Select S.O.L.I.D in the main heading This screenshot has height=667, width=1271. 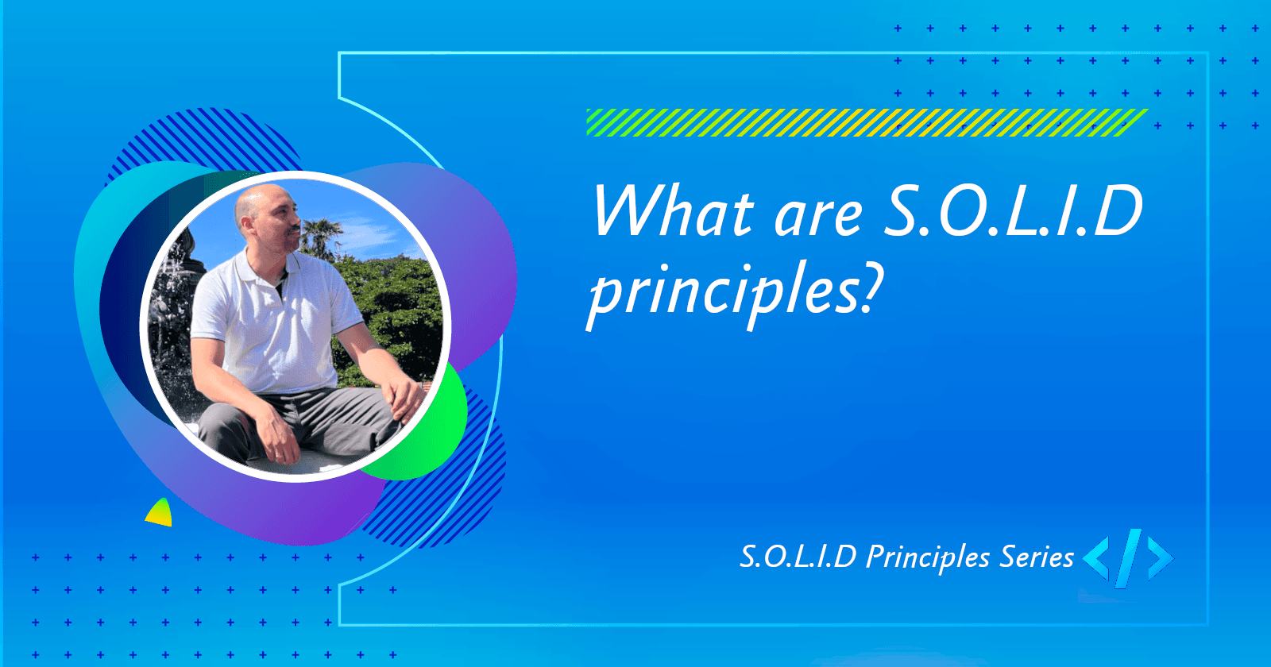point(1013,211)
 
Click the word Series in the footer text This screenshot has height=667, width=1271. point(1036,557)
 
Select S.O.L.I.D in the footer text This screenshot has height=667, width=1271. point(798,557)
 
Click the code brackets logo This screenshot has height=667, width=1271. point(1128,557)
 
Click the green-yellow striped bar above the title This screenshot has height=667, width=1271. point(866,122)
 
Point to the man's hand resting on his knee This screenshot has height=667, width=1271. point(405,397)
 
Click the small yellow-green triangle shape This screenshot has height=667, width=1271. point(160,514)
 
